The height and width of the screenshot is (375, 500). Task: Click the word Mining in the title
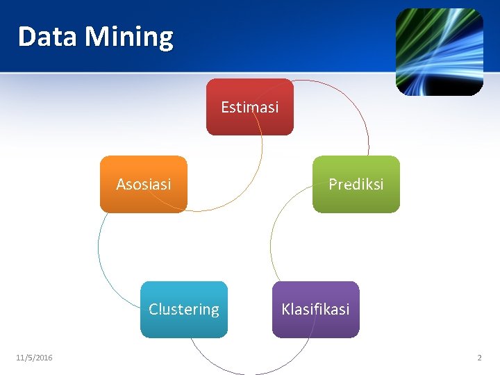click(x=129, y=37)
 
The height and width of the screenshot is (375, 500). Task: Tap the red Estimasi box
click(x=250, y=107)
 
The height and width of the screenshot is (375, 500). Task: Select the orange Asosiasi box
click(x=144, y=184)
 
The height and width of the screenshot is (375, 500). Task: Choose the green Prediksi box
click(x=356, y=184)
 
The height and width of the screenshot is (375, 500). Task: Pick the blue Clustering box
click(x=184, y=309)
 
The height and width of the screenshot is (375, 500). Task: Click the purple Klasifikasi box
click(x=315, y=309)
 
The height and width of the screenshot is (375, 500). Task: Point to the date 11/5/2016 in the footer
click(x=34, y=358)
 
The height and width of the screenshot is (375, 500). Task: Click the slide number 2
click(x=479, y=358)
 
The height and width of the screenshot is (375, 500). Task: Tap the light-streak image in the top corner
click(x=439, y=52)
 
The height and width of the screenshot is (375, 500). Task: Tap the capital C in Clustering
click(x=153, y=309)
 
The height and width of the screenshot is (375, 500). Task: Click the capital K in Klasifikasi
click(x=285, y=309)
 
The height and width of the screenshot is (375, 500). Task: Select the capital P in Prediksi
click(x=333, y=184)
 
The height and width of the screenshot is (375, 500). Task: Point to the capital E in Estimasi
click(x=225, y=107)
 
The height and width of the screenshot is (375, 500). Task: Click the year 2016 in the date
click(x=43, y=358)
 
